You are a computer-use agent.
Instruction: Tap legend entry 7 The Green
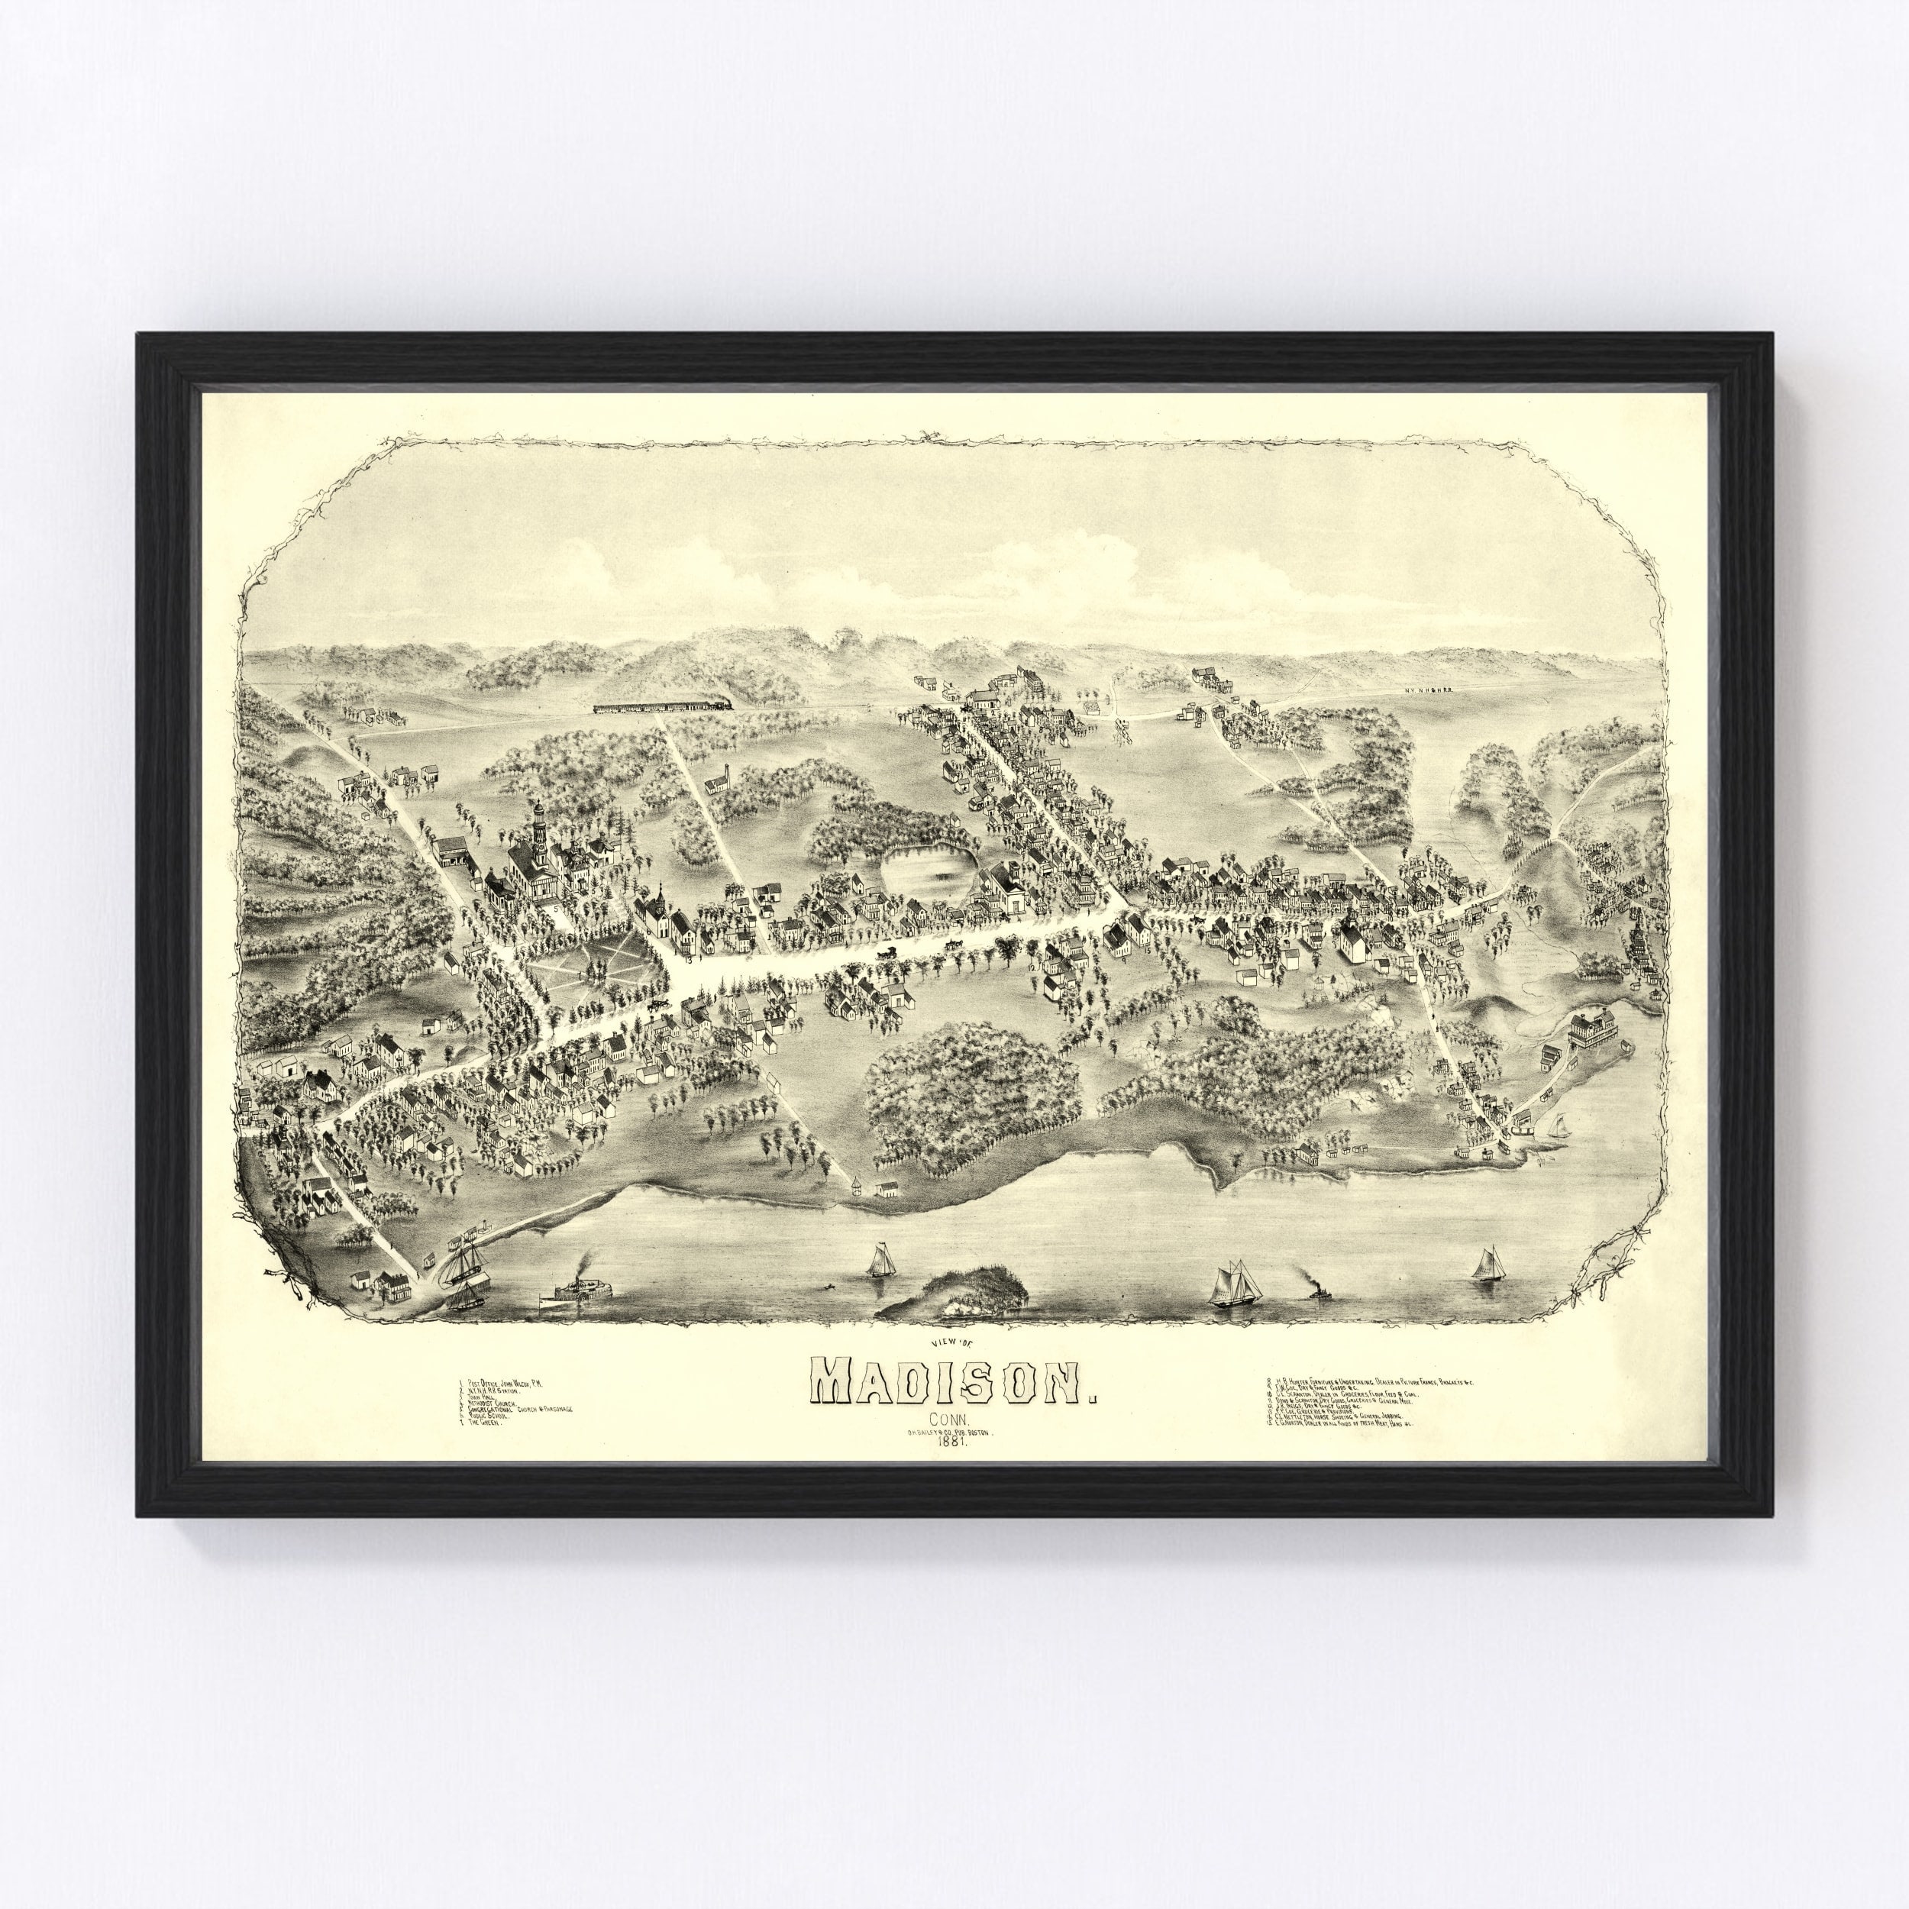(486, 1426)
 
